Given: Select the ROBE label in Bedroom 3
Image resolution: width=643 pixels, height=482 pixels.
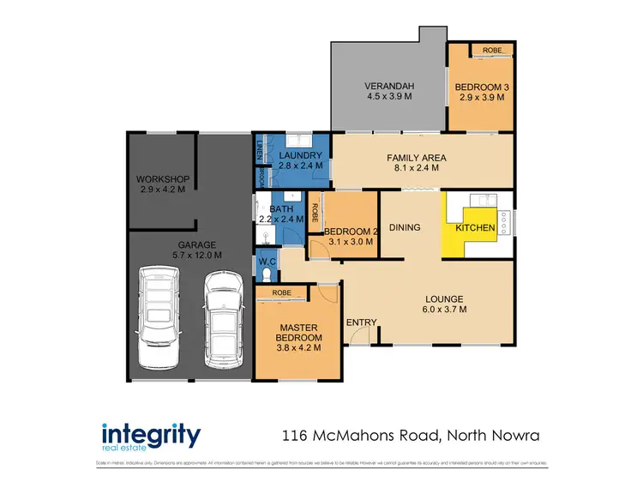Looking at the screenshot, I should (491, 50).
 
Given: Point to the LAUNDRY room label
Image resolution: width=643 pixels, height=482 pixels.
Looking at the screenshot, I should (299, 154).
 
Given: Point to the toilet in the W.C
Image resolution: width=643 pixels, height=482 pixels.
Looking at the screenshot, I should (267, 273).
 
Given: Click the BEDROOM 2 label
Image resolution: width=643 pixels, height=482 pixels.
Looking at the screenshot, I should (351, 231).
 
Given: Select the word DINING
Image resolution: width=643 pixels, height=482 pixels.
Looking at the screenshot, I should (405, 227).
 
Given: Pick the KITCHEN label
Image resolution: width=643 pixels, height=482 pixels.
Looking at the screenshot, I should (474, 228).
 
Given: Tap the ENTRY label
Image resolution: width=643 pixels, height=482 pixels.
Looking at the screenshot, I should (361, 322).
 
